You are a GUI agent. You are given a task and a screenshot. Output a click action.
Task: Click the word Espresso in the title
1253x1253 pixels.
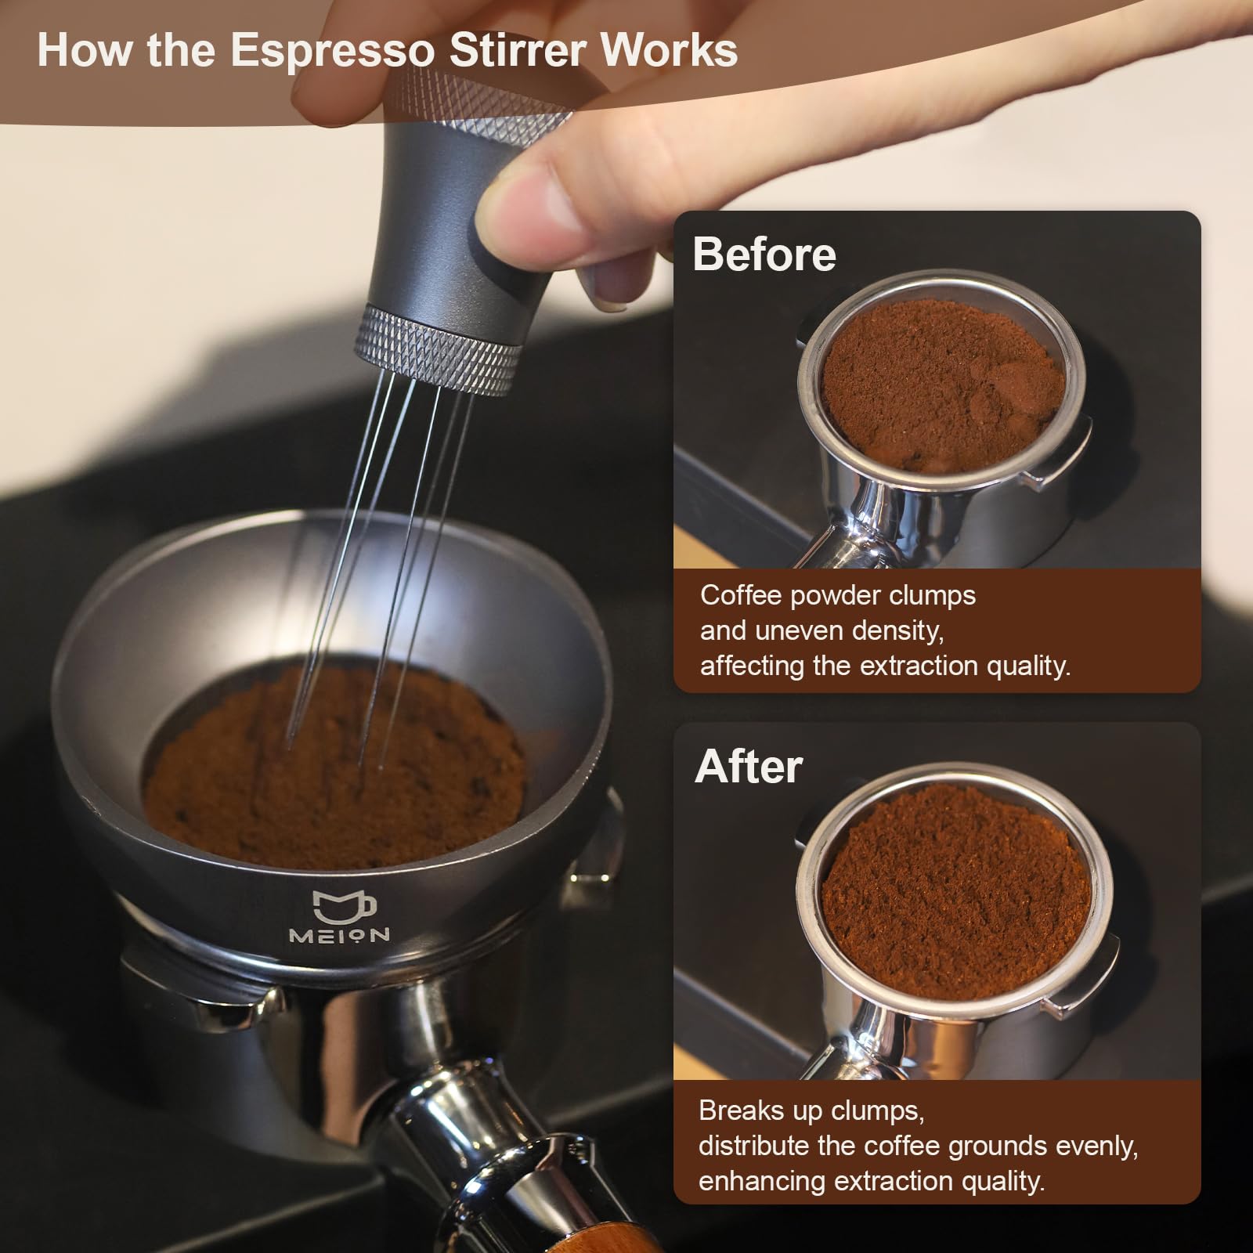click(x=332, y=50)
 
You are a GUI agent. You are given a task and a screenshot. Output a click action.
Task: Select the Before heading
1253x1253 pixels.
click(x=764, y=255)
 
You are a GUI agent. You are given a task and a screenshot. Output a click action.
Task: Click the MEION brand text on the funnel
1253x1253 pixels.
click(x=339, y=935)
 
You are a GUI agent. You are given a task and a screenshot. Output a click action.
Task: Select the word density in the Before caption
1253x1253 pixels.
click(x=901, y=631)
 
